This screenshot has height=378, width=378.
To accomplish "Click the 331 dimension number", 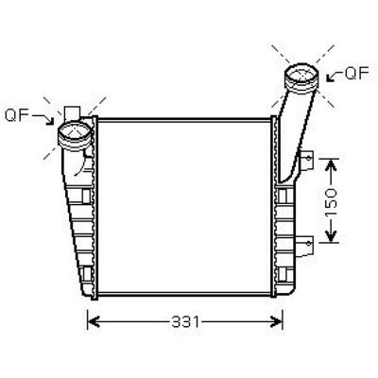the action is point(185,322).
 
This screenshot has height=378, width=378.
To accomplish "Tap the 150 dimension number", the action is point(331,203).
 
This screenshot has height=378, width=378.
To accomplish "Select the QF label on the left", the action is point(17,115).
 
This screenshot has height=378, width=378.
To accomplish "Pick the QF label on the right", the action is point(356,73).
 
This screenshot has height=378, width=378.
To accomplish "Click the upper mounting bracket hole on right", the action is point(309,158).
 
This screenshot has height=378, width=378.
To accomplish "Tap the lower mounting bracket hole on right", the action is point(309,243).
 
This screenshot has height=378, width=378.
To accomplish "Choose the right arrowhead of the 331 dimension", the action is point(277,322).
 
